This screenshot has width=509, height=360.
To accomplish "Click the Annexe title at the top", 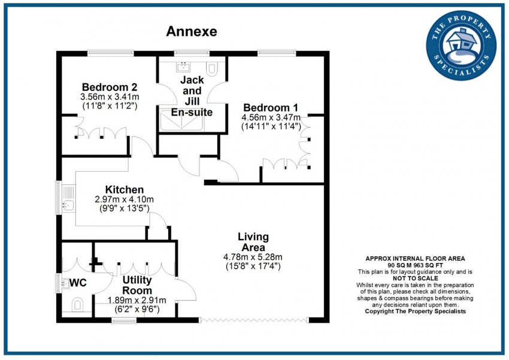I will pos(192,31).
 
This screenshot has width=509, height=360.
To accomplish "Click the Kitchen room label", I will pos(125,189).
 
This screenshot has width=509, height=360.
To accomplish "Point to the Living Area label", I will pos(253,241).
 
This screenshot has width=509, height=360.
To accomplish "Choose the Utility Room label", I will pos(137,285).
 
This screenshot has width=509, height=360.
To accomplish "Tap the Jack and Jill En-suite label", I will pos(192,96).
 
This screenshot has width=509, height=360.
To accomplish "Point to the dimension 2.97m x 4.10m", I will pos(125,199).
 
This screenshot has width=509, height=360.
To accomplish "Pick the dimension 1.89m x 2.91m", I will pos(137,300).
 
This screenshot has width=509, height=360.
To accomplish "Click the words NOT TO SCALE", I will pos(415,279).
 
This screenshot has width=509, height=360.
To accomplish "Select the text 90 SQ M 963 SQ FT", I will pos(415,265).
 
